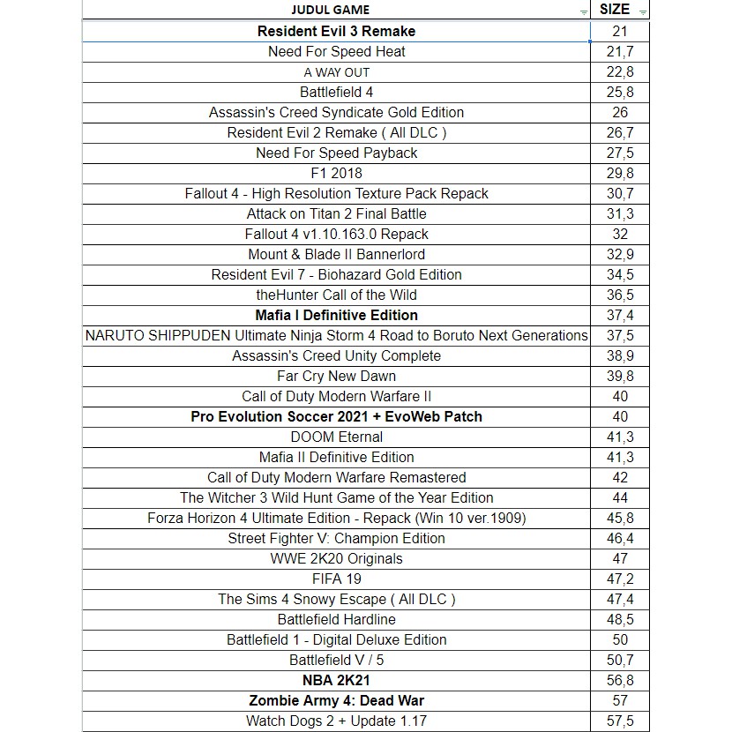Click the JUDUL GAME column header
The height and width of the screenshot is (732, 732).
(x=330, y=10)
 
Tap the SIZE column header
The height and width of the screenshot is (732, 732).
(x=614, y=10)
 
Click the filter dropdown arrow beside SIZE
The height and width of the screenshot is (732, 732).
(x=643, y=11)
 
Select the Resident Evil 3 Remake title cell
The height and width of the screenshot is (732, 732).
(x=336, y=31)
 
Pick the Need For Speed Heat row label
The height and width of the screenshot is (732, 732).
(x=336, y=51)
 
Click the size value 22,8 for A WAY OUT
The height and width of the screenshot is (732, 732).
(x=620, y=71)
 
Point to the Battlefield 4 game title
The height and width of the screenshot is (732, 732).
(x=336, y=92)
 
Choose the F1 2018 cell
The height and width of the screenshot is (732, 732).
(x=336, y=173)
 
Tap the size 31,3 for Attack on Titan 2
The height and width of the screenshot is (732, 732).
(x=620, y=213)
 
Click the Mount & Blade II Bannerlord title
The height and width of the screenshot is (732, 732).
(x=336, y=254)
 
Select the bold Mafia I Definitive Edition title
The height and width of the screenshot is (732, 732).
(x=336, y=315)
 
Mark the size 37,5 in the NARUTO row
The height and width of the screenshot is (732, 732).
(x=620, y=335)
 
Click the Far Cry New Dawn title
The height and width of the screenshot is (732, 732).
(x=336, y=376)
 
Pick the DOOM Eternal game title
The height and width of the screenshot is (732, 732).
(x=336, y=437)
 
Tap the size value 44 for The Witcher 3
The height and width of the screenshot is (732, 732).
(x=620, y=497)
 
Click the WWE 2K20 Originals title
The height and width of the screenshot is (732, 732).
(x=336, y=558)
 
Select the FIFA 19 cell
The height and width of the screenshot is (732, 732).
(x=336, y=579)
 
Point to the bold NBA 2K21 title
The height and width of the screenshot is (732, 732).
(x=336, y=680)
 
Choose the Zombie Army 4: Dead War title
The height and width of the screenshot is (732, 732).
(x=336, y=700)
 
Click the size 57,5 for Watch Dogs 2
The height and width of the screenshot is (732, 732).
(x=620, y=721)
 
